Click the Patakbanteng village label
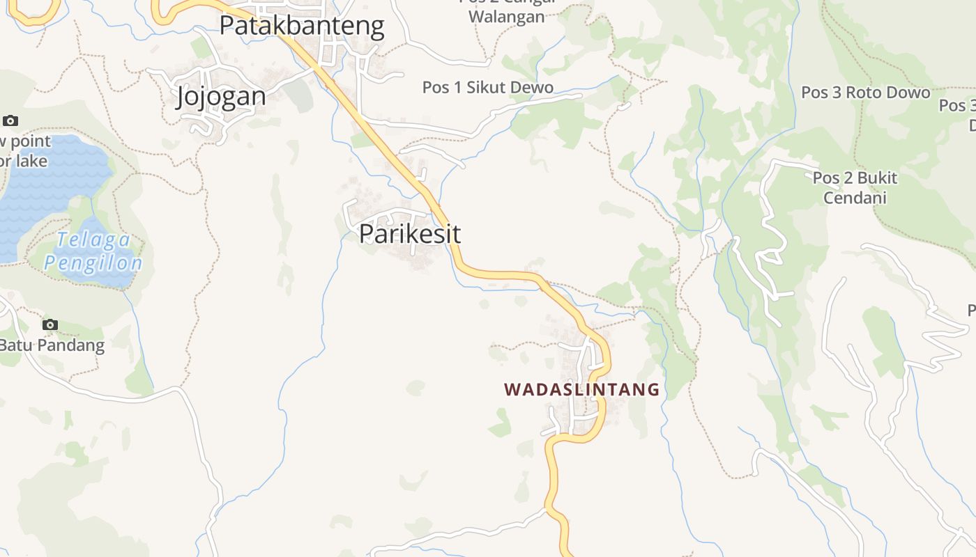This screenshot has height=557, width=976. click(301, 26)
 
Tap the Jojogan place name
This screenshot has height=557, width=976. click(221, 96)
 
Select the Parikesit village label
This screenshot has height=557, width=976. click(409, 234)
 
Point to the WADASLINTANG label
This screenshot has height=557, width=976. click(581, 389)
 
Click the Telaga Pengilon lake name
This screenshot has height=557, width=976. click(93, 251)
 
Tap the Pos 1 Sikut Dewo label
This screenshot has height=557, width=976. click(487, 88)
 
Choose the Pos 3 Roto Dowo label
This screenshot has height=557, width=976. click(865, 93)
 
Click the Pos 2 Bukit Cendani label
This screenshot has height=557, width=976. click(855, 188)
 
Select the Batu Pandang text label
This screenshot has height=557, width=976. click(52, 345)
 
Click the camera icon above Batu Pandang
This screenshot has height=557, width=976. click(49, 324)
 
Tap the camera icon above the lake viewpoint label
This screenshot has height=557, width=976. click(10, 120)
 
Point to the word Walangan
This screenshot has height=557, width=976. click(507, 17)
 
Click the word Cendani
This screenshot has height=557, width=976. click(855, 198)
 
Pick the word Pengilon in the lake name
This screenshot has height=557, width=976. click(93, 263)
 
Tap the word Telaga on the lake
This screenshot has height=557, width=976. click(93, 240)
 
